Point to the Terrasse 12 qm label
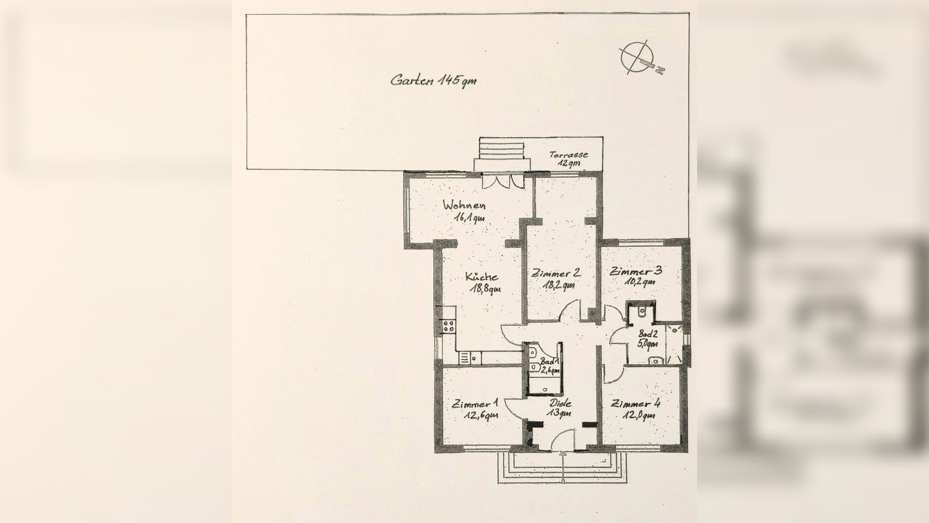click(x=569, y=159)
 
